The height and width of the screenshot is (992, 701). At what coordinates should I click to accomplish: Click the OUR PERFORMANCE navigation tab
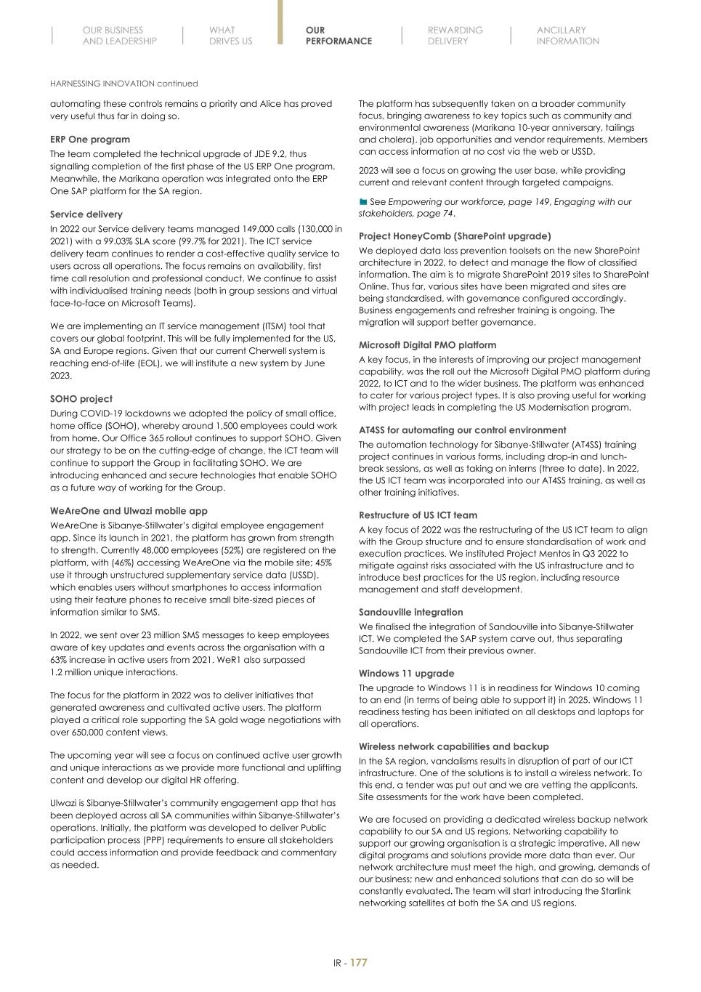click(339, 36)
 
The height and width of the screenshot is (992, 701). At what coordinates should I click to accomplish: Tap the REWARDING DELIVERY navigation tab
click(455, 36)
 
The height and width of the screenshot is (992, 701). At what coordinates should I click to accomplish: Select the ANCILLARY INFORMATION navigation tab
click(567, 36)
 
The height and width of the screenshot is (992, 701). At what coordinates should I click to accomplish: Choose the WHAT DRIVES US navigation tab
click(230, 36)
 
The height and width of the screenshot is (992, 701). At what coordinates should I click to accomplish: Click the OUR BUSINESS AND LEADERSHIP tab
click(119, 36)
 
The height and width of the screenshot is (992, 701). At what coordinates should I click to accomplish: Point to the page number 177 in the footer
click(359, 963)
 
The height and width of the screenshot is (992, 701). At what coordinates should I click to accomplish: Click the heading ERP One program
click(90, 140)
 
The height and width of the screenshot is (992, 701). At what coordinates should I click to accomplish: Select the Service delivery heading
click(86, 214)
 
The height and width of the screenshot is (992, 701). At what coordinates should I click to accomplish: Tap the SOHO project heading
click(81, 399)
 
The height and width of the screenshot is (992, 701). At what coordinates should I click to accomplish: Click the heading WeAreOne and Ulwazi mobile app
click(129, 511)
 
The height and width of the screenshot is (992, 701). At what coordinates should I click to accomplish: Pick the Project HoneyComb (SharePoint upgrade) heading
click(455, 236)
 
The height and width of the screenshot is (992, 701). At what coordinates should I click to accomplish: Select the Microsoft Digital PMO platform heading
click(428, 345)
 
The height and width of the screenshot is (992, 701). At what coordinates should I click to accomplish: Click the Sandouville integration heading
click(410, 612)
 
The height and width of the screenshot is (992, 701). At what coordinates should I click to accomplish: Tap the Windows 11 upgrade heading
click(406, 674)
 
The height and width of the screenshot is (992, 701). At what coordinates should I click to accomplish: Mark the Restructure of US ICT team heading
click(418, 515)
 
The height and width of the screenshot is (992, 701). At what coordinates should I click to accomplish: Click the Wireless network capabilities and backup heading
click(453, 746)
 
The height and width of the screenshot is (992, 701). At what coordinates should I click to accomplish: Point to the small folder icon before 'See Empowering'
click(363, 202)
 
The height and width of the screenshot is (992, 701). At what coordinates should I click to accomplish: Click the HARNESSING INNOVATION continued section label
click(123, 84)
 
